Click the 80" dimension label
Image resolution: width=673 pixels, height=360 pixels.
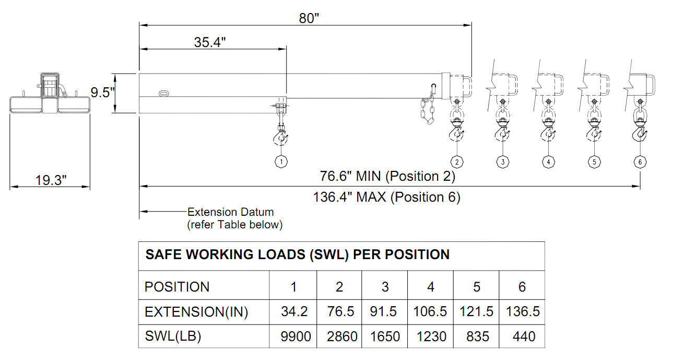coord(309,18)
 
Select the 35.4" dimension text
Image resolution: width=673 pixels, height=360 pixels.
coord(210,42)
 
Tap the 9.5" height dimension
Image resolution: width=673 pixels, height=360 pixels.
coord(103,92)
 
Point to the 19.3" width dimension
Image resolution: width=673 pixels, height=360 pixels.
coord(51,180)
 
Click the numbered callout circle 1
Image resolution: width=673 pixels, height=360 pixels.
coord(281,162)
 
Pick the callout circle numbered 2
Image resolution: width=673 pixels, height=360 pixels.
coord(457,162)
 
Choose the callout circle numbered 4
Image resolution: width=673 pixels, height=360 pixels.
coord(549,162)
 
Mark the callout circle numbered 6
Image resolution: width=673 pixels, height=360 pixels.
coord(640,162)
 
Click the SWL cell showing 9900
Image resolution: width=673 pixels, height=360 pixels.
coord(296,336)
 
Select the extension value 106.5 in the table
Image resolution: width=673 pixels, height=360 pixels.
coord(430,311)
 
